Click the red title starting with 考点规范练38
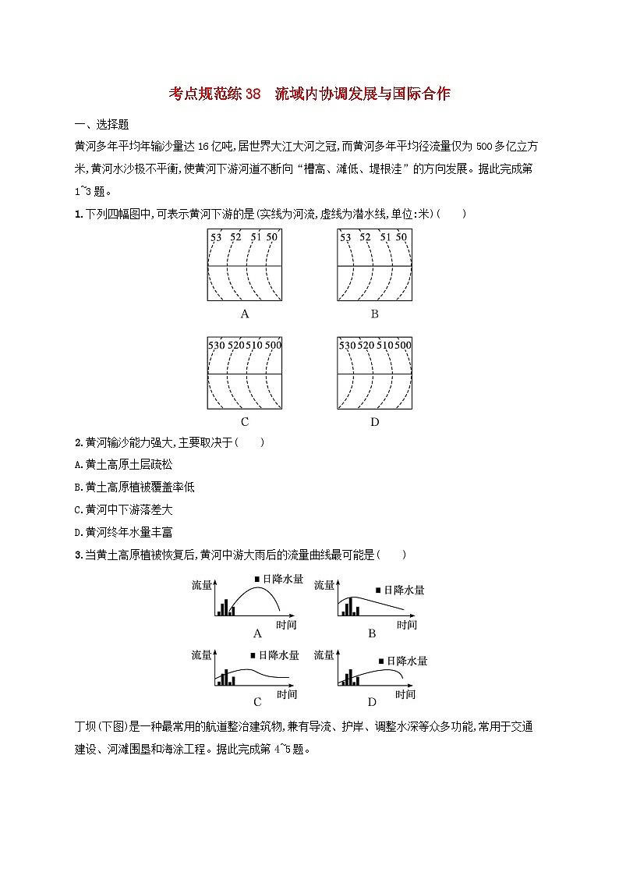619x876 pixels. coord(309,94)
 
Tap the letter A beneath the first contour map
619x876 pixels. coord(245,314)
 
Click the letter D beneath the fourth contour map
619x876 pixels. coord(375,422)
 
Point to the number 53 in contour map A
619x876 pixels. coord(216,237)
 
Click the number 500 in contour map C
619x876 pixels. coord(273,345)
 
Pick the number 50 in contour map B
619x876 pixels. coord(401,237)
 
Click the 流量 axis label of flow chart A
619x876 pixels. coord(202,584)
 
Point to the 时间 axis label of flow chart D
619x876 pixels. coord(405,693)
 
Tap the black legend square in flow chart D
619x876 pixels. coord(381,661)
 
